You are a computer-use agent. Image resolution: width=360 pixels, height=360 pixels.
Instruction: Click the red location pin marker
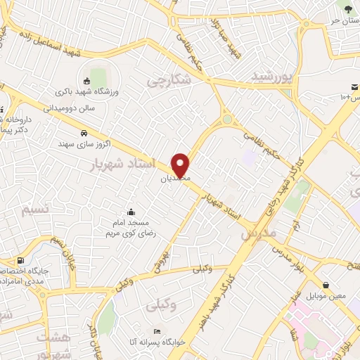[x=181, y=165]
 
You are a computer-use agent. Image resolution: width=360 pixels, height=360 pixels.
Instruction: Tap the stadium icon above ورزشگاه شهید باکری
[x=86, y=80]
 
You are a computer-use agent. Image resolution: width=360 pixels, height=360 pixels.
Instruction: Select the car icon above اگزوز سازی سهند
[x=84, y=132]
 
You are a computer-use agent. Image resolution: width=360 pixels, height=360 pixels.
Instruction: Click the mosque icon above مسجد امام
[x=131, y=212]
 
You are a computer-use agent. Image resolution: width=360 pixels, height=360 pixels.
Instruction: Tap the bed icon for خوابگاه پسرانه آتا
[x=157, y=331]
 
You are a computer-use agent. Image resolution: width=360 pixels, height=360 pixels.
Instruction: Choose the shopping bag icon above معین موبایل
[x=327, y=284]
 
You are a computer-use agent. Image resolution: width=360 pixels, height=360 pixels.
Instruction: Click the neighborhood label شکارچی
[x=169, y=81]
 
